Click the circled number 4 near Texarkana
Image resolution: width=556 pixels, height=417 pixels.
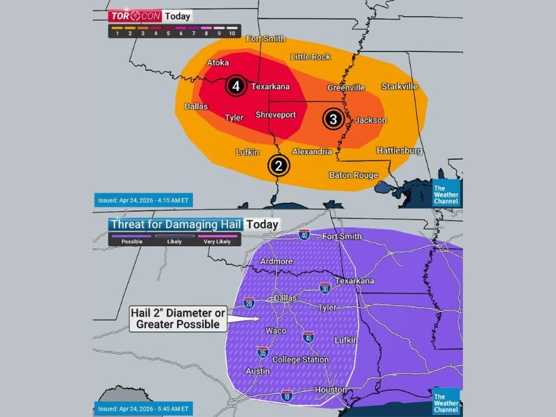[236, 86]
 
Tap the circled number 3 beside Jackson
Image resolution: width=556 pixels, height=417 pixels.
[334, 119]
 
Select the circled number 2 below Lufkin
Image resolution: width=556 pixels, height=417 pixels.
[279, 165]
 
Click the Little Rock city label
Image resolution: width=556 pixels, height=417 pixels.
[311, 57]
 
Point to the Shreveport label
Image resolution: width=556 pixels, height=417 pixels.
[275, 114]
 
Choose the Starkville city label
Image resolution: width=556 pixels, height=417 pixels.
[400, 87]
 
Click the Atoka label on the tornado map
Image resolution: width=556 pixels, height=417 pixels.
[218, 63]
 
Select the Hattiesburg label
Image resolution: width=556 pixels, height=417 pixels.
[399, 150]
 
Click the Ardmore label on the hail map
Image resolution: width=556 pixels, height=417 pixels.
[276, 261]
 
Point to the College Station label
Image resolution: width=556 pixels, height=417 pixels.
[300, 359]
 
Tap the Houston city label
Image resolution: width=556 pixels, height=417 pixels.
[331, 390]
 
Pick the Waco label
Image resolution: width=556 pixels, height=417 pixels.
[276, 330]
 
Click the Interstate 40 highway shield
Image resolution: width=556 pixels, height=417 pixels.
[304, 236]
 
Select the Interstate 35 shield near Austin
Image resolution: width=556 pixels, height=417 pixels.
[263, 352]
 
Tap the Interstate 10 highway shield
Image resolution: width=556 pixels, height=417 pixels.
[287, 395]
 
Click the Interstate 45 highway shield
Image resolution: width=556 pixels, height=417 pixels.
[309, 338]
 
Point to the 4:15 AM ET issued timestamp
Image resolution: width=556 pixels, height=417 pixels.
[142, 200]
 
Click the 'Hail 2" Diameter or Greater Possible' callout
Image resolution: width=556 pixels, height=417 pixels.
[177, 318]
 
